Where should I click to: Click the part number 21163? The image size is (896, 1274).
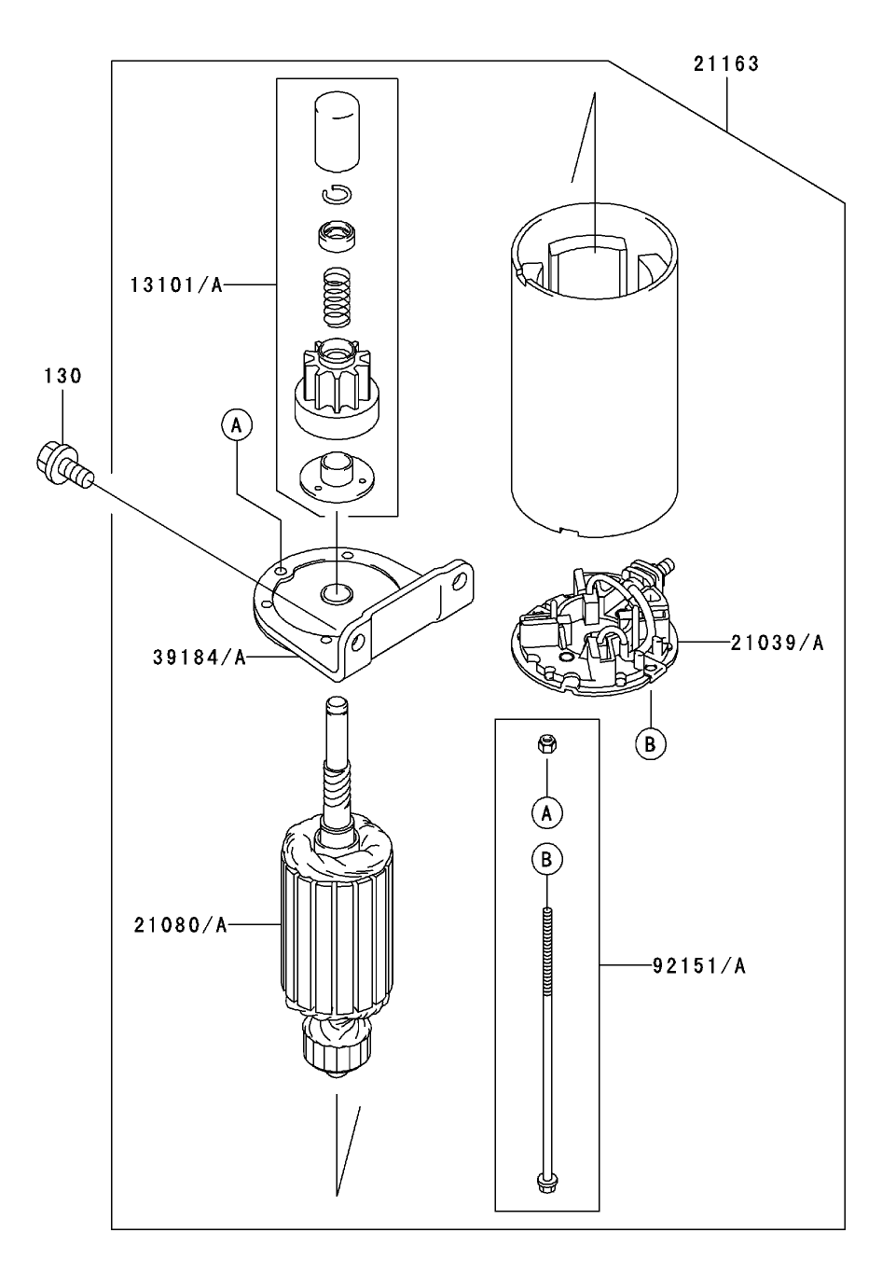(x=725, y=64)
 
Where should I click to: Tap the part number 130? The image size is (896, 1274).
(x=62, y=376)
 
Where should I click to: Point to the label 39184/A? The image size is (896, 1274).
(x=200, y=658)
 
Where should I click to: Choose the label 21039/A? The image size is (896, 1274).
(x=777, y=643)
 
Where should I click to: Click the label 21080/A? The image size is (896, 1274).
(x=180, y=925)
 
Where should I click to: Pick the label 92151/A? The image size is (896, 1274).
(x=699, y=966)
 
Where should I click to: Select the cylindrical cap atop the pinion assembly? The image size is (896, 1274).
(x=337, y=131)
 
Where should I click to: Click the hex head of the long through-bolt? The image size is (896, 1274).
(x=546, y=1183)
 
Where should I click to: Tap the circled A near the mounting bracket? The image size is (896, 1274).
(x=237, y=425)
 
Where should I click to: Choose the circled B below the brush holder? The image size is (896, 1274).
(x=651, y=743)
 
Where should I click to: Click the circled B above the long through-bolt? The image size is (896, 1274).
(x=547, y=859)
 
